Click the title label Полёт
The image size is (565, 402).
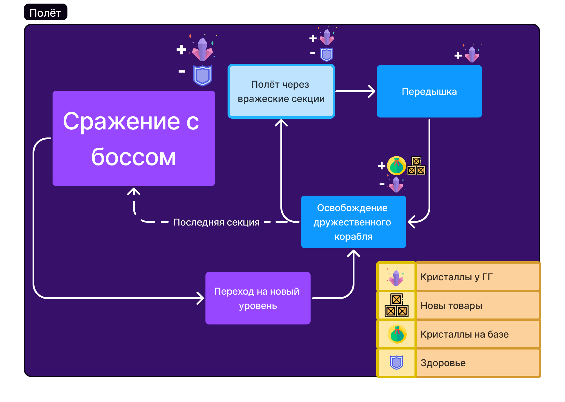(45, 13)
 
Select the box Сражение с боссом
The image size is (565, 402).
(133, 138)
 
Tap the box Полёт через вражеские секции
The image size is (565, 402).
(281, 91)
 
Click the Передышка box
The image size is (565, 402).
(429, 91)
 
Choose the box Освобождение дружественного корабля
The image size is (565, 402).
(353, 222)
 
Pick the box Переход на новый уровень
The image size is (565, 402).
(258, 298)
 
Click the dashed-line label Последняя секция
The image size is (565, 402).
(217, 222)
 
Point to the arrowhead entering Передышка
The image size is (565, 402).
(372, 91)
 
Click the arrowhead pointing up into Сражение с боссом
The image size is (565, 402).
(134, 191)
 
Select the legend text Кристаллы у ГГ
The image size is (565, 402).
(456, 277)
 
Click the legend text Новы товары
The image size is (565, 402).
(451, 305)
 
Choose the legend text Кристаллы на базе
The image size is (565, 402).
(464, 334)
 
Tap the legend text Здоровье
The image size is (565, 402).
(443, 363)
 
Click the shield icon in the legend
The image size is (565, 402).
(396, 363)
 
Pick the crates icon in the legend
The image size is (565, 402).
(396, 305)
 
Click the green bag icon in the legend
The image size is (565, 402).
(397, 334)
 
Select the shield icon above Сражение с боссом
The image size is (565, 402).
(202, 75)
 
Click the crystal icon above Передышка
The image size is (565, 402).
(472, 54)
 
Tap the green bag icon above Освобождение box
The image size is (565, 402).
(396, 166)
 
